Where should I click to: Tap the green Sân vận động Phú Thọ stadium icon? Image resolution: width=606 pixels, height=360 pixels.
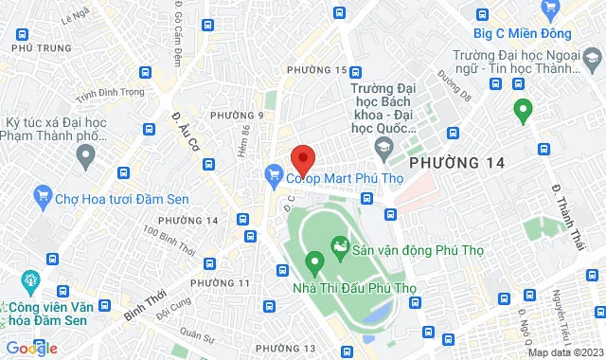339,251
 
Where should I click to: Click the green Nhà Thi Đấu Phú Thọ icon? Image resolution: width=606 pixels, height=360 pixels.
312,261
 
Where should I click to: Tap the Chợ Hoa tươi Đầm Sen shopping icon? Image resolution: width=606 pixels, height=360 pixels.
43,197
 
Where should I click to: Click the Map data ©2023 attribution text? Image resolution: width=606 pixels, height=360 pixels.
564,352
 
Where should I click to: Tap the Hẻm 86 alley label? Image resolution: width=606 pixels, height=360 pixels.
244,116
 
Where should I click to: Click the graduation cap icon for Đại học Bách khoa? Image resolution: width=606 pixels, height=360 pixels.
383,147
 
